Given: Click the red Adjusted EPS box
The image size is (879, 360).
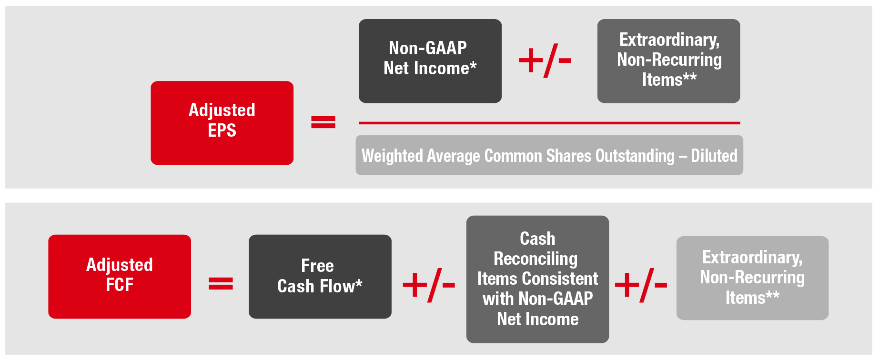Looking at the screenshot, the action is (222, 123).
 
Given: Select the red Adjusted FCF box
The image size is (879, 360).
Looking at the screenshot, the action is (120, 277).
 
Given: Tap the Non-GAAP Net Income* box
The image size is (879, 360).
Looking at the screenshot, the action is (430, 61).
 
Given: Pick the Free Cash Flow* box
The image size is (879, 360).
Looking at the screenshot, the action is (320, 277).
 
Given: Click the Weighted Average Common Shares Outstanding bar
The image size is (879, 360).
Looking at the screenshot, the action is (549, 155).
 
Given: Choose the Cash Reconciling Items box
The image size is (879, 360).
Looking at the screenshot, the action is (537, 280).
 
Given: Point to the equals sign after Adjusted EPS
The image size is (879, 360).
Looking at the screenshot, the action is (323, 122).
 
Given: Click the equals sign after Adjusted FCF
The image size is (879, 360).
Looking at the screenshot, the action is (221, 284).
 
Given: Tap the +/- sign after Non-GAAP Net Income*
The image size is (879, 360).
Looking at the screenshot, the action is (545, 60).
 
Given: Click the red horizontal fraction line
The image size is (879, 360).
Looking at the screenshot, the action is (549, 123).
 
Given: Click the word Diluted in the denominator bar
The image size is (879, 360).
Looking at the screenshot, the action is (714, 156).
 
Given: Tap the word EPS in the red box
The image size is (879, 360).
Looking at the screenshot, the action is (222, 130).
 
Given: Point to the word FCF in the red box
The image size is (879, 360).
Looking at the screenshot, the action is (120, 285).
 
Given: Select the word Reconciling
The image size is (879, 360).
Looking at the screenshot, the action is (535, 259).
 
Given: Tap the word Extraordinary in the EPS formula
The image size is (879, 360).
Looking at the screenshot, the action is (669, 40).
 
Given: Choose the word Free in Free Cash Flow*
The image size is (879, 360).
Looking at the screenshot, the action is (317, 265).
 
